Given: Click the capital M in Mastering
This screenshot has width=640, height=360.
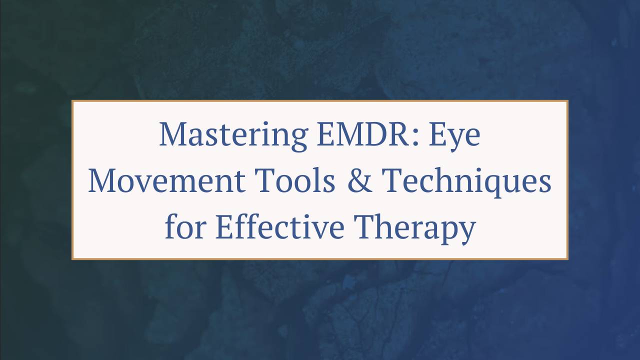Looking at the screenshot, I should (x=172, y=135).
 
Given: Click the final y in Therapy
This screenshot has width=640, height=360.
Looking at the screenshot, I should (x=467, y=231).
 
